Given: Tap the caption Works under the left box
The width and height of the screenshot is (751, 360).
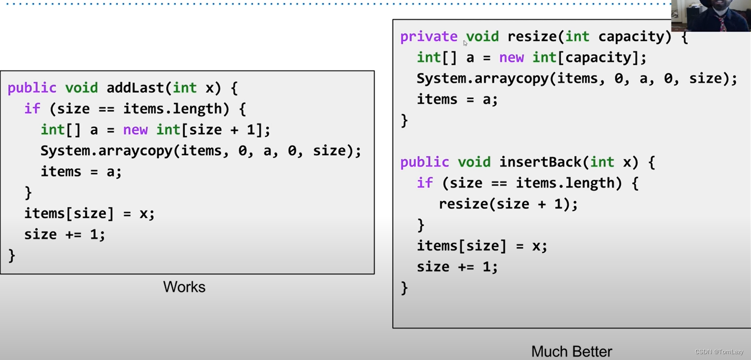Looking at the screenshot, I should [x=184, y=287].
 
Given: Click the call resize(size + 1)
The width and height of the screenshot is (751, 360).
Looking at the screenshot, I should [x=508, y=204].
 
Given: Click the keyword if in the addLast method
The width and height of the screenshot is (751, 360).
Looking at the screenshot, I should [x=32, y=109].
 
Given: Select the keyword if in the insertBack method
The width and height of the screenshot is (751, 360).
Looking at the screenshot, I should [x=425, y=183].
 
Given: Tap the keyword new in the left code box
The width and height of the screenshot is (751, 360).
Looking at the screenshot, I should [x=135, y=130].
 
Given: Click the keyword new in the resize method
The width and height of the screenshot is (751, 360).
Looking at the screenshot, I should [x=511, y=58].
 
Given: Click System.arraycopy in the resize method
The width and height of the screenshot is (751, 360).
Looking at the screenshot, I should [x=483, y=79].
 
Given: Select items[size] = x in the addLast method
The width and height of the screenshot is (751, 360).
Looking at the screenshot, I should [x=89, y=213].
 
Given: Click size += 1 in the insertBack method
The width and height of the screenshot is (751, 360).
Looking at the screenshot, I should [x=457, y=267].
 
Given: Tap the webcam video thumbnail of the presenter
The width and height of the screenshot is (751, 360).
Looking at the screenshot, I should [x=711, y=16].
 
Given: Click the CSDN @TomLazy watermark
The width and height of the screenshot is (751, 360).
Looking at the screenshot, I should [x=719, y=352].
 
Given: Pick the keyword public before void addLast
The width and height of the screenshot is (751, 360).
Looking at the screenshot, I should [x=32, y=88].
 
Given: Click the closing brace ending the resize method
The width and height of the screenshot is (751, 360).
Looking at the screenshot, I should [x=404, y=120].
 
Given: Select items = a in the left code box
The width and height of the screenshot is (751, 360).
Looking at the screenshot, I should [x=81, y=172].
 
